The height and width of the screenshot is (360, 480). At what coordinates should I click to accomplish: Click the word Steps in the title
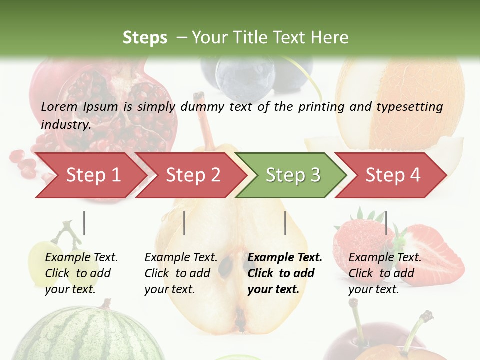coord(145,38)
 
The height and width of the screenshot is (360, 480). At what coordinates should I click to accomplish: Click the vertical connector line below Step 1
coord(84,223)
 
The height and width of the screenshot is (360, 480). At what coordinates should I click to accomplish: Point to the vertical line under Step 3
coord(285,223)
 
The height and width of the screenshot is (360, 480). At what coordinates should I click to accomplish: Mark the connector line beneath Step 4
coord(386,223)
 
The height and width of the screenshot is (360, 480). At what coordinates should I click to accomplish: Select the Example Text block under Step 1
coord(81,273)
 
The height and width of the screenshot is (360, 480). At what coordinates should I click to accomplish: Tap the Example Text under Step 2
coord(181,273)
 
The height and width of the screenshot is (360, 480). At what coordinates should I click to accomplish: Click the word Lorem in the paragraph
coord(59,107)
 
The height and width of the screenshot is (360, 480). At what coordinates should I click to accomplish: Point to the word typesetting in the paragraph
coord(409,107)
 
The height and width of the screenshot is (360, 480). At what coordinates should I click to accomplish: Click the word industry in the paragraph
coord(65,124)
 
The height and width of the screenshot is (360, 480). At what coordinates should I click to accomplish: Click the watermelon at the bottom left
coord(75,335)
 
